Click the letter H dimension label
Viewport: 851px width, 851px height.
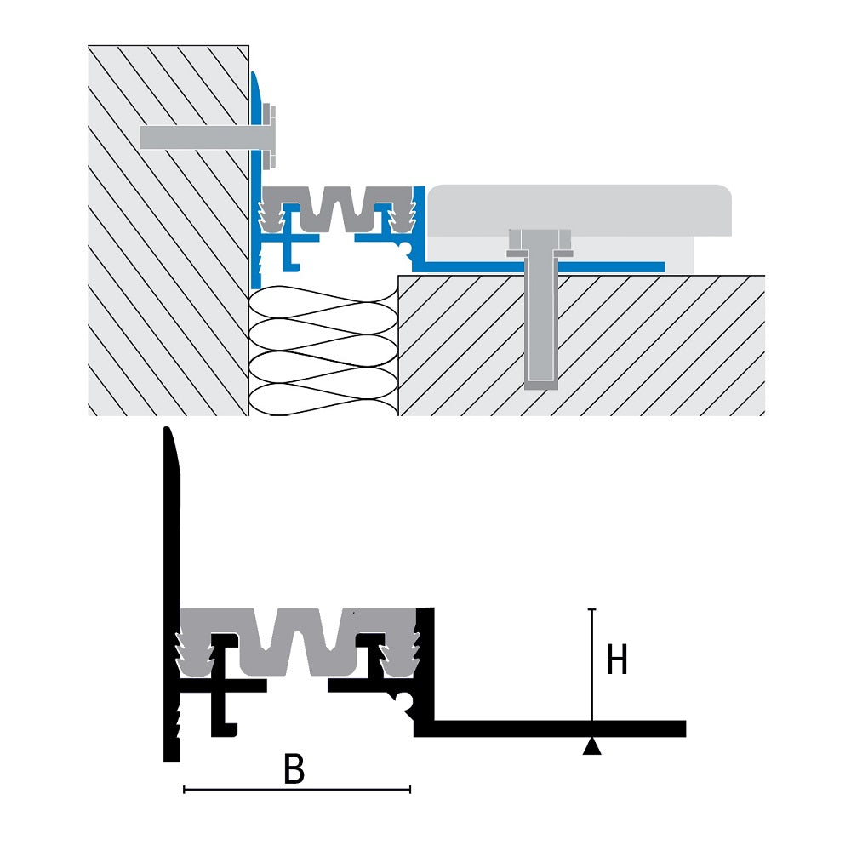click(617, 660)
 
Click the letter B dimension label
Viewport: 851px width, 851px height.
click(294, 770)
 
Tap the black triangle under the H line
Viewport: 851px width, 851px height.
click(592, 747)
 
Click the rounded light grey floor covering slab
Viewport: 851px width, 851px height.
click(579, 208)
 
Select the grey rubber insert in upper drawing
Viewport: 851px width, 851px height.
click(336, 208)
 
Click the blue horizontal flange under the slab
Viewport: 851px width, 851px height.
click(596, 267)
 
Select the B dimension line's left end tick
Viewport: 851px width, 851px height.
click(185, 791)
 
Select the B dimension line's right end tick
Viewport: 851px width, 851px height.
click(410, 791)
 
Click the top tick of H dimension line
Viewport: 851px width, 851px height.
click(592, 610)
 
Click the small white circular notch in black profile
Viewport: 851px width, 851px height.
click(405, 701)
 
